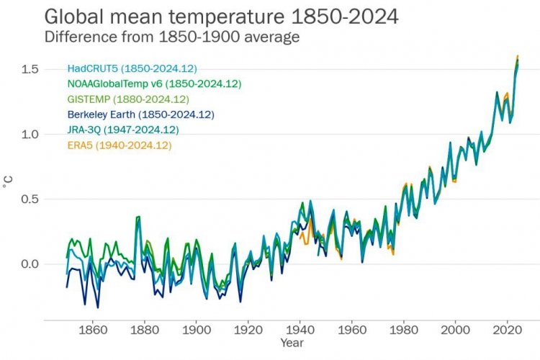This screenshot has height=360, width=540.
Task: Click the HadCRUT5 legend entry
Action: pyautogui.click(x=132, y=69)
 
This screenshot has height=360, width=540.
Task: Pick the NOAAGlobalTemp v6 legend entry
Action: pyautogui.click(x=154, y=84)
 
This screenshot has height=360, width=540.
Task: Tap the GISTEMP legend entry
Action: pyautogui.click(x=127, y=99)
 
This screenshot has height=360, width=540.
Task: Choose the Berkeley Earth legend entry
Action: pyautogui.click(x=140, y=114)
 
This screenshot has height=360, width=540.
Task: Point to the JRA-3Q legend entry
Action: pyautogui.click(x=122, y=130)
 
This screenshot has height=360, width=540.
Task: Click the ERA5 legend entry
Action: pyautogui.click(x=119, y=145)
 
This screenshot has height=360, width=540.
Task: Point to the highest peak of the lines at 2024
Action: pyautogui.click(x=518, y=56)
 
